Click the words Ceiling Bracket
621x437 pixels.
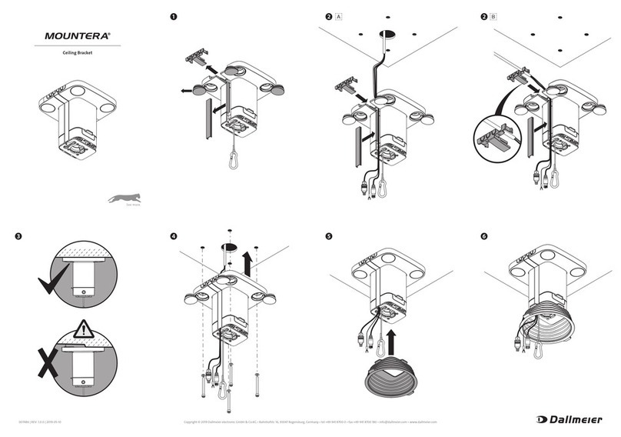(x=78, y=55)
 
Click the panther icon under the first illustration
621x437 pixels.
(x=122, y=198)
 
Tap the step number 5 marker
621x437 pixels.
(x=330, y=236)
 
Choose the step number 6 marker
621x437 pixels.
(x=483, y=236)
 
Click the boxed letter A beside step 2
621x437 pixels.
(x=339, y=16)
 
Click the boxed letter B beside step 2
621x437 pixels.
(x=493, y=16)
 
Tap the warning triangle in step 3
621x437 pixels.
(x=83, y=331)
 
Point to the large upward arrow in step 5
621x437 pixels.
(x=393, y=337)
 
